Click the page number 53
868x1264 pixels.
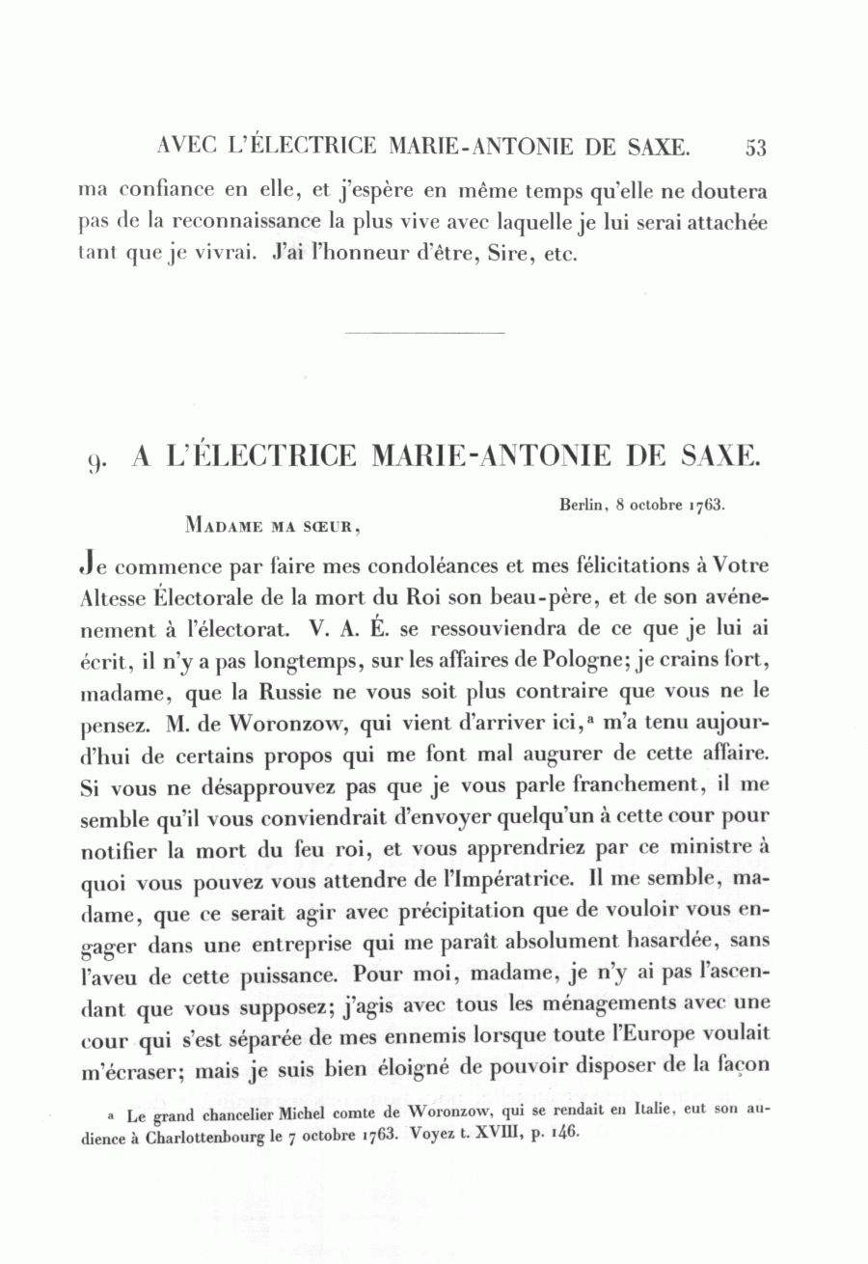coord(755,148)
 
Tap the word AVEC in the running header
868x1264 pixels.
coord(181,148)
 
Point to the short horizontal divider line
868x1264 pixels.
coord(424,334)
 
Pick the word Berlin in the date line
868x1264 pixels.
coord(582,505)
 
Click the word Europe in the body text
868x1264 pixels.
coord(648,1037)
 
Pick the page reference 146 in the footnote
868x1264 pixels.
coord(562,1134)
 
